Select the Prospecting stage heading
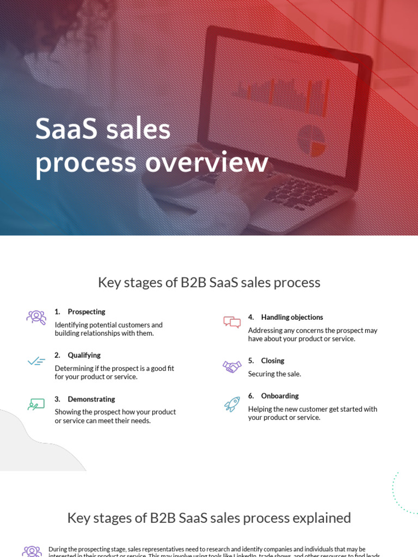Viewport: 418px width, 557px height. [x=86, y=312]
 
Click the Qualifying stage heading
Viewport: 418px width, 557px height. [x=84, y=355]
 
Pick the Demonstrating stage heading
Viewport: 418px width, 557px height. [x=91, y=399]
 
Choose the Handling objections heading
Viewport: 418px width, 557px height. [x=292, y=317]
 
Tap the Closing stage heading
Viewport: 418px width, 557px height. [x=272, y=361]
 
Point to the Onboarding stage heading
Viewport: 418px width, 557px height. [x=280, y=396]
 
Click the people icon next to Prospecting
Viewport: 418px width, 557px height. [x=36, y=317]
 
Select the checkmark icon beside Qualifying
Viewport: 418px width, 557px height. [x=36, y=361]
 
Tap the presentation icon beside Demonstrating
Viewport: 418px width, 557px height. [x=36, y=404]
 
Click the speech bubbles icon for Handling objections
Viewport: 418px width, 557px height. [x=232, y=322]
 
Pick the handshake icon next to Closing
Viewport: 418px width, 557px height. [x=232, y=367]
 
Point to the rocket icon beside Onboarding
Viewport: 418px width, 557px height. [x=232, y=404]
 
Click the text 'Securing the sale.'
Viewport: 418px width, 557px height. [x=274, y=374]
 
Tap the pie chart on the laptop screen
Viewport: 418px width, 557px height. [x=312, y=140]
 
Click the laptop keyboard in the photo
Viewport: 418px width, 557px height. [x=300, y=191]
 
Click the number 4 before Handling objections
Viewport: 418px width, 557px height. [x=250, y=317]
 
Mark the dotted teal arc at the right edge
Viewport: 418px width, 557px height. [x=400, y=492]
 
